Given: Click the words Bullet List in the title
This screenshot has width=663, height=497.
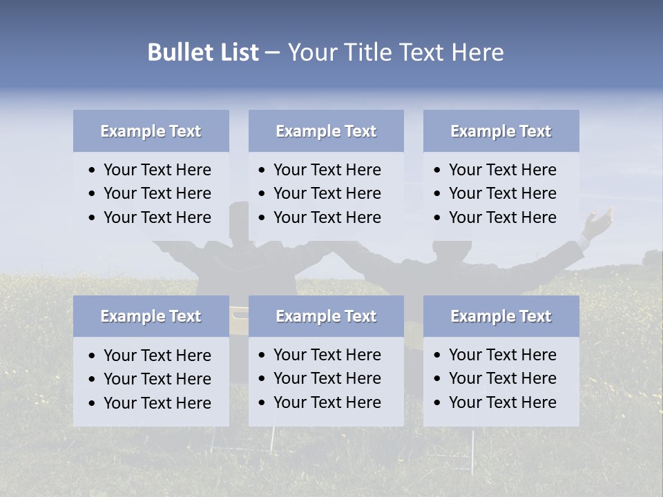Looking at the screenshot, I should [x=203, y=52].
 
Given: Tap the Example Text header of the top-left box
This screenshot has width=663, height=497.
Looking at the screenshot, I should [x=151, y=131].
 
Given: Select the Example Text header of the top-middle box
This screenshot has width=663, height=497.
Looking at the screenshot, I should [x=326, y=131].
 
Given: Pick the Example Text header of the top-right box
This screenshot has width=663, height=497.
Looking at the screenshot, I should [x=501, y=131].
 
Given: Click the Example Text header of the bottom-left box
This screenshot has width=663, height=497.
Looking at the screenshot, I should [x=151, y=316].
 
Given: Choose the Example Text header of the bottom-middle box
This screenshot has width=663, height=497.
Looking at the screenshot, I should [x=326, y=316].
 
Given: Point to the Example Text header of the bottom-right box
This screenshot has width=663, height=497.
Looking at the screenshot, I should [x=501, y=316].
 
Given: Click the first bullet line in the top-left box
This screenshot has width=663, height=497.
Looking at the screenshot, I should [x=157, y=170].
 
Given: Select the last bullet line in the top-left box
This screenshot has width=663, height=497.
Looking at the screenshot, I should [x=157, y=217].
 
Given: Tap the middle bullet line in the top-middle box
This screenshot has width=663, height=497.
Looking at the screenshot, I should [x=327, y=193].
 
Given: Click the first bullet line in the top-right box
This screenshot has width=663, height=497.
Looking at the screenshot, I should [x=502, y=170].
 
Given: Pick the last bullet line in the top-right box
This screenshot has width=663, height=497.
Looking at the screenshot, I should [x=502, y=217].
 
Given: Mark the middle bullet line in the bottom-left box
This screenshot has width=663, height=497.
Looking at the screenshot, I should [x=157, y=379].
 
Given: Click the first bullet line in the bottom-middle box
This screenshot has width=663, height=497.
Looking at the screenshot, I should [x=327, y=355].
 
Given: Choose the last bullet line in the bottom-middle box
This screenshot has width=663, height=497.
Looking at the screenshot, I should [x=327, y=402].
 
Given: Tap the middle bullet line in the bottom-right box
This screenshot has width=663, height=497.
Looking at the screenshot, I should [x=502, y=378].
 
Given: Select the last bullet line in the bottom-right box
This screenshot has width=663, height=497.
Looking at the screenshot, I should [x=502, y=402].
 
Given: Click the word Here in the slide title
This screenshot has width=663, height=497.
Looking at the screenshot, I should [x=477, y=52].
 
